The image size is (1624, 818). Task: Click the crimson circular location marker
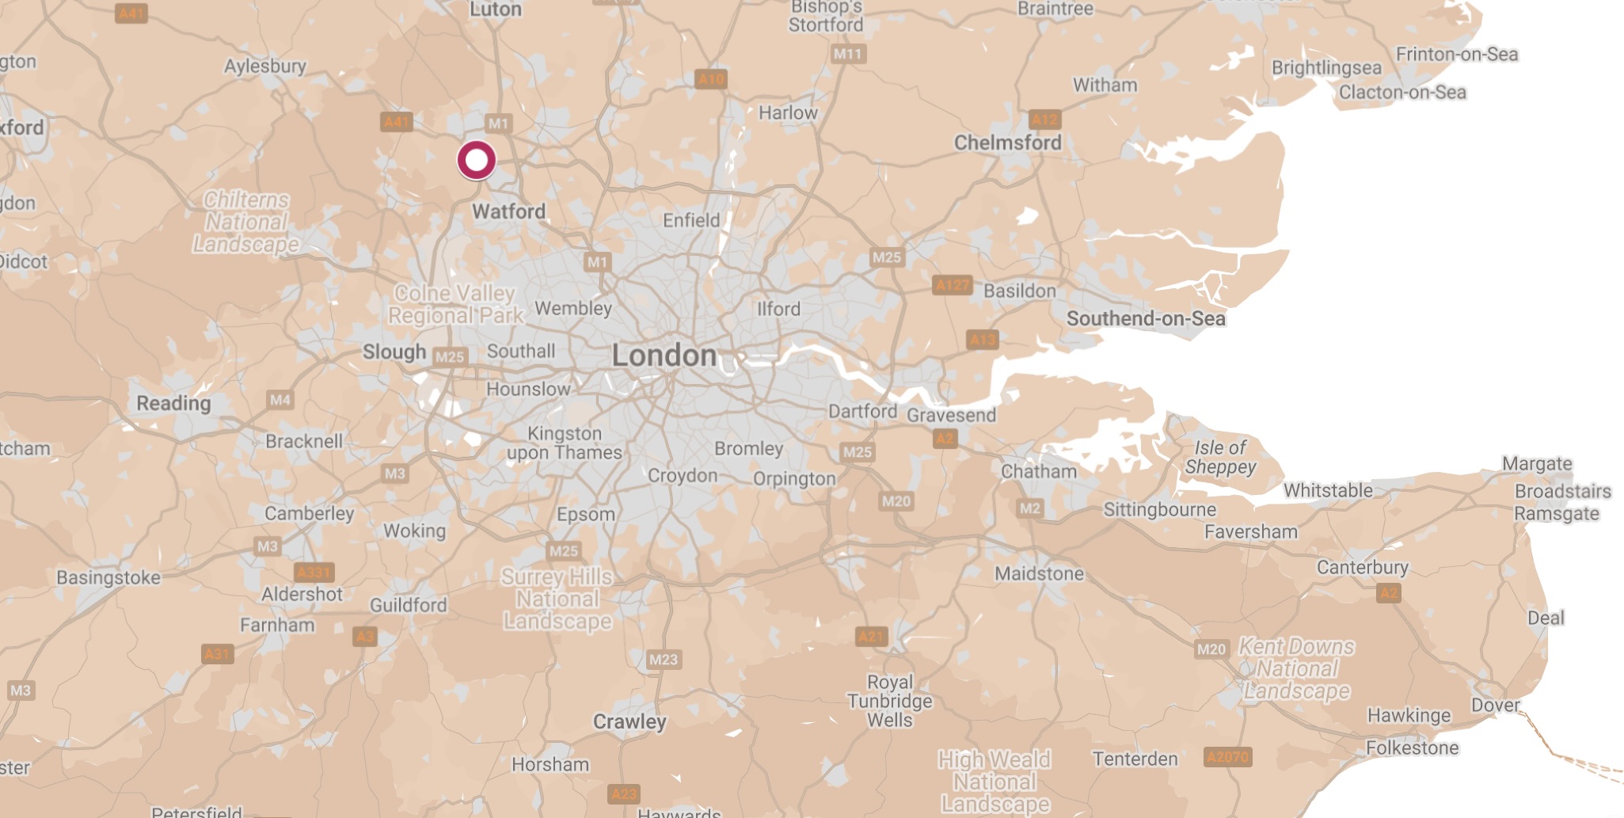click(x=477, y=161)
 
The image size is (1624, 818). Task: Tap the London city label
click(x=664, y=356)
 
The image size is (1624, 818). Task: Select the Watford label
click(x=508, y=211)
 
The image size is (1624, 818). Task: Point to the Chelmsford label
click(x=1007, y=143)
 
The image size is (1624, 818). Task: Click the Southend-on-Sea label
click(x=1146, y=318)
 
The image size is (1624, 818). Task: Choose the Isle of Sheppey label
click(x=1220, y=458)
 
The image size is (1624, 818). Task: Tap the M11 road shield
click(x=848, y=54)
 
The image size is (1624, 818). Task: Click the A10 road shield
click(x=710, y=78)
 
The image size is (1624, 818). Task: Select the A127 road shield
click(x=953, y=285)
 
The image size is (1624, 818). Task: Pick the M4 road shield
click(x=280, y=400)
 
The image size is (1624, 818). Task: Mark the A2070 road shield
click(x=1227, y=757)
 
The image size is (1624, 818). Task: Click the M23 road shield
click(x=663, y=660)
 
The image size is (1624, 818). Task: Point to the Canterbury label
click(x=1362, y=567)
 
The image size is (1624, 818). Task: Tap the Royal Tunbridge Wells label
click(x=890, y=701)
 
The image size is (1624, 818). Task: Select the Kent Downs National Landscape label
click(x=1296, y=669)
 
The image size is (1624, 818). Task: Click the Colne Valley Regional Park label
click(x=455, y=305)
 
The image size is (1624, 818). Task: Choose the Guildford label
click(x=408, y=605)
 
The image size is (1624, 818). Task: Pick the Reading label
click(x=173, y=403)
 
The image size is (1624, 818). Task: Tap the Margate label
click(x=1537, y=463)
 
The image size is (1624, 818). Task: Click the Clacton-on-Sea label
click(x=1402, y=93)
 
